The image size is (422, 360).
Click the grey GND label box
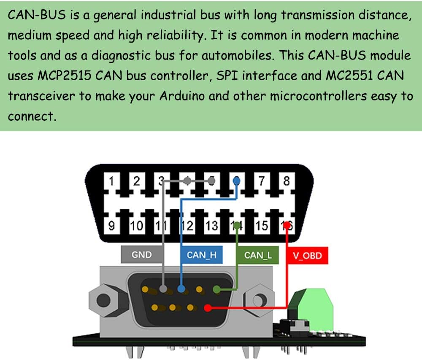[141, 255]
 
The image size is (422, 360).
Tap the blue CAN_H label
[202, 255]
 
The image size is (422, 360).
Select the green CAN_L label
[258, 255]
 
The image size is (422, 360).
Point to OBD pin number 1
[112, 181]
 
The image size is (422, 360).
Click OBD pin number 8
[287, 181]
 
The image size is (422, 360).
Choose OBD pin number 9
[111, 226]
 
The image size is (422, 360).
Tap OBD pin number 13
[211, 226]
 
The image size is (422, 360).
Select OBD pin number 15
[262, 226]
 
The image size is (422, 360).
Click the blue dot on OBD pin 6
[237, 181]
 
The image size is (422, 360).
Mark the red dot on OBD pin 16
[287, 225]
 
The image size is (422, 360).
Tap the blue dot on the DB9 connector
[181, 290]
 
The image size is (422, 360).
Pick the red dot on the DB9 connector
[207, 308]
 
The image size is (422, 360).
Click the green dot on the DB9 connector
[217, 290]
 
